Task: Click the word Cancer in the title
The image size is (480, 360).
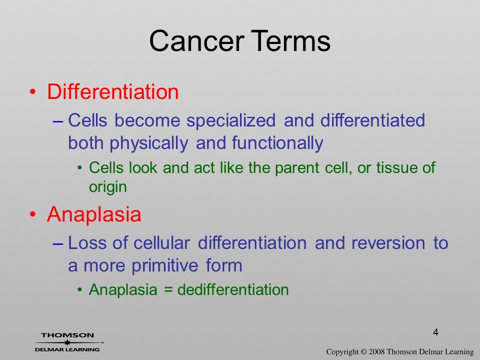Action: [x=196, y=40]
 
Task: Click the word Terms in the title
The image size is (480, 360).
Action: [x=291, y=40]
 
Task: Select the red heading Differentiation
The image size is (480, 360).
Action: [x=112, y=91]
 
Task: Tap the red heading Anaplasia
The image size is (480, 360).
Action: [x=94, y=214]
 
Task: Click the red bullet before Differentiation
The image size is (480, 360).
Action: [x=33, y=92]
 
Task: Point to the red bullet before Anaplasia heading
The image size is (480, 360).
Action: [x=33, y=214]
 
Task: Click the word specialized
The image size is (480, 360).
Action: [x=231, y=120]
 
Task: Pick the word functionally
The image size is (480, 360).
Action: [x=277, y=143]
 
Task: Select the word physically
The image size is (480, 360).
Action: [x=149, y=143]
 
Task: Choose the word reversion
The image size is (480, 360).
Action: [x=388, y=243]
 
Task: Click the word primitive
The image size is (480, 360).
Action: [x=164, y=265]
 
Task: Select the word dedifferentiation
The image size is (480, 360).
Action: [x=233, y=289]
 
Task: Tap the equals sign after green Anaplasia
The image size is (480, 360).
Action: [x=168, y=290]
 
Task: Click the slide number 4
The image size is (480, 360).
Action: [x=435, y=332]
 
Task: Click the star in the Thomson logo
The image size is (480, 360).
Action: [x=67, y=342]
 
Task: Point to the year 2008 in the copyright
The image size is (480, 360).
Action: [x=376, y=351]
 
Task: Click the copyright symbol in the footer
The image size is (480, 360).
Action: [x=363, y=351]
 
